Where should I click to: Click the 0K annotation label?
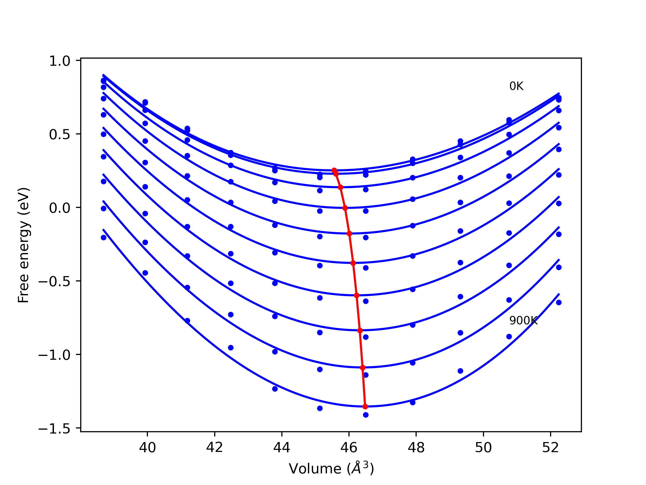(x=516, y=86)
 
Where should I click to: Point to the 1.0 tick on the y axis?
(x=60, y=61)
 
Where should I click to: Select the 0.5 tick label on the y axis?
(x=60, y=134)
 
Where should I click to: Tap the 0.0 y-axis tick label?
(x=60, y=208)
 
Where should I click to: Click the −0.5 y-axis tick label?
(x=54, y=282)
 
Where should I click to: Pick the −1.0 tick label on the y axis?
(x=54, y=355)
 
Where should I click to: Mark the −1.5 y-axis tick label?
(x=54, y=429)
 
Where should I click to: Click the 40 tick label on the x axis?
(x=147, y=448)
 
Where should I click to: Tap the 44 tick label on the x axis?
(x=282, y=448)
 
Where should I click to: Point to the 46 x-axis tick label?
(x=349, y=448)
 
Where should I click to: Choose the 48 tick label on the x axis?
(x=416, y=448)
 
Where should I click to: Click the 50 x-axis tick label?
(x=483, y=448)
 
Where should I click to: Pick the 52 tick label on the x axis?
(x=551, y=448)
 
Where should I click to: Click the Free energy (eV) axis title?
(x=23, y=245)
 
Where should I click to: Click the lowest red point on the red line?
(x=365, y=407)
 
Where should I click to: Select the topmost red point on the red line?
(x=334, y=170)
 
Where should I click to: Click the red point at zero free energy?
(x=345, y=208)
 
